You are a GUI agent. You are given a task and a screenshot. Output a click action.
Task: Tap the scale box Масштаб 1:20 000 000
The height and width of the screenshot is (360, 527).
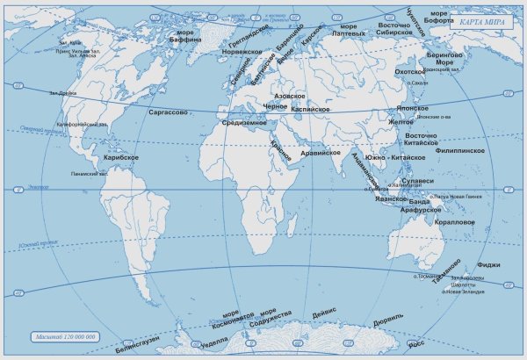tap(67, 336)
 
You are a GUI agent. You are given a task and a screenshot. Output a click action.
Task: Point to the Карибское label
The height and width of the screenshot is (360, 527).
tap(121, 157)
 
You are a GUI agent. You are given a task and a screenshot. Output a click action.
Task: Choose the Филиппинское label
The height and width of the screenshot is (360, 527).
tap(460, 151)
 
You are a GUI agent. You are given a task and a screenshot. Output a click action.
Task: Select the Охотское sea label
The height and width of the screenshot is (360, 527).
tap(410, 72)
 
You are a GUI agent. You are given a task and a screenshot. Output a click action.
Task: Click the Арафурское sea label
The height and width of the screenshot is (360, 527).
tap(420, 211)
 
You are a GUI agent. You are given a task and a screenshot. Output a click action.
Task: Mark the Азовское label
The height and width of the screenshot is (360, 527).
tap(289, 94)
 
